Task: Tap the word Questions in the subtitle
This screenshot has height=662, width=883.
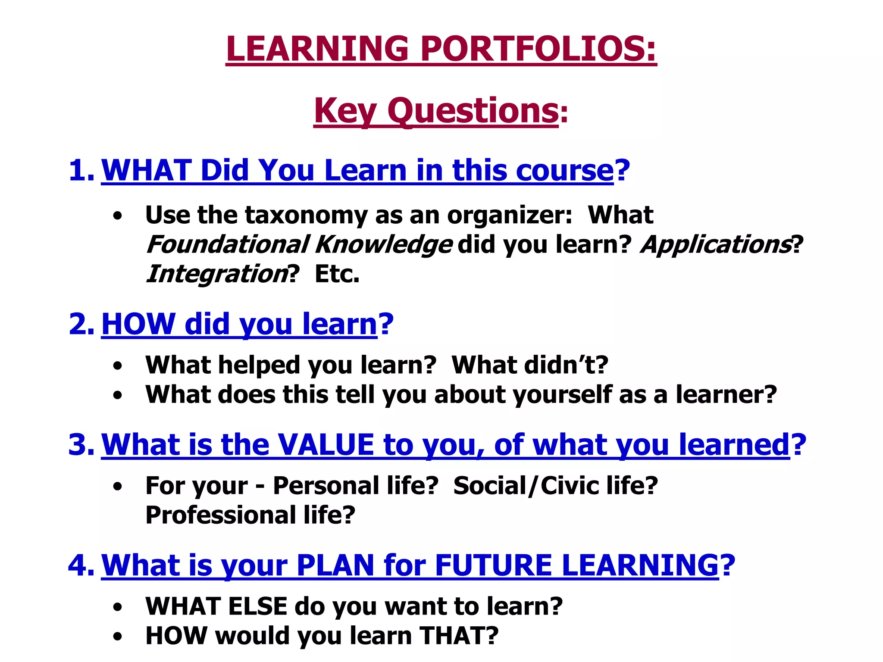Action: pos(473,111)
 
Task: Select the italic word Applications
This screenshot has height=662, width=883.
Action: pos(716,244)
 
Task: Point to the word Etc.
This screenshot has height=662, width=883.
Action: pos(337,274)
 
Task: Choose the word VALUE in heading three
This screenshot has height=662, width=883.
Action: pos(326,444)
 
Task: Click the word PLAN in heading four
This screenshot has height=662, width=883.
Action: pos(335,565)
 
